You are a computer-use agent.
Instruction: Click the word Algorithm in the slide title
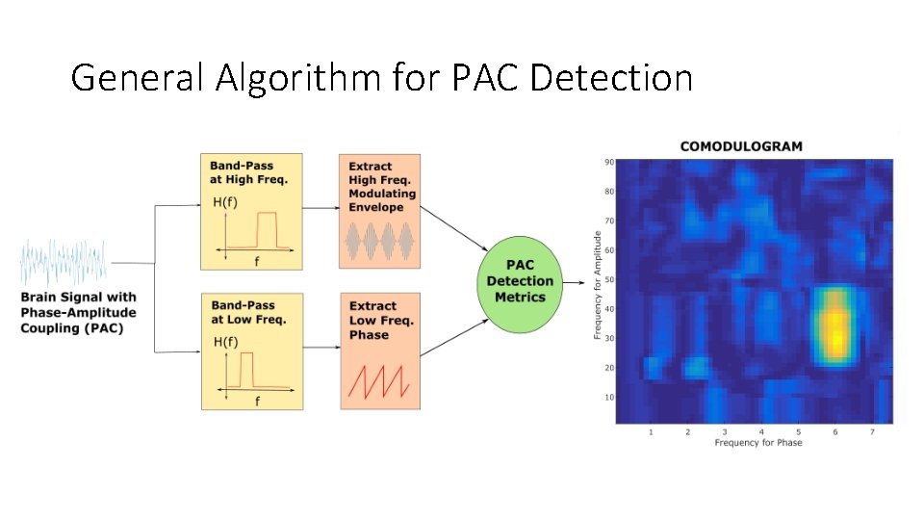coord(299,77)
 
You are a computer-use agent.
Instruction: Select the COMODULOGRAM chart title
coord(741,146)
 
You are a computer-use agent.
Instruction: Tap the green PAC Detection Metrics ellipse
coord(520,281)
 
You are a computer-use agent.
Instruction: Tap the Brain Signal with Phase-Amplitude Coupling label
coord(79,313)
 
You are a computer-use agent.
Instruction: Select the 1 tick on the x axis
coord(651,432)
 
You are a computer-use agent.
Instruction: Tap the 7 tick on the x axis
coord(872,432)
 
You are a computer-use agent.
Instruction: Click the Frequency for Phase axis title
coord(757,443)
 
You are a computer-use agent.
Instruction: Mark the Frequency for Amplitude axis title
coord(598,284)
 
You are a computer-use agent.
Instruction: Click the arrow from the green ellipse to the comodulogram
coord(575,282)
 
